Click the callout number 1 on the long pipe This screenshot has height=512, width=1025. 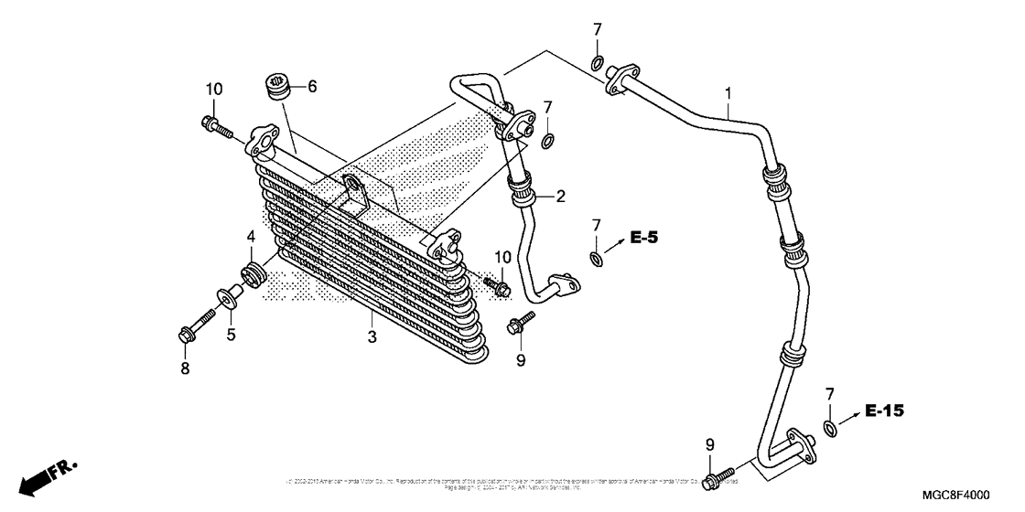728,93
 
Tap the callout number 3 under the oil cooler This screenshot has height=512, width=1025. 372,337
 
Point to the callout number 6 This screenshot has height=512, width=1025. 312,87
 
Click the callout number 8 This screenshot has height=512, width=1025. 185,368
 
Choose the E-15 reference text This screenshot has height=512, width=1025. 884,412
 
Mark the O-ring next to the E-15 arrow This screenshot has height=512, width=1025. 830,429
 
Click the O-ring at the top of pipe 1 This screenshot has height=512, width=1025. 597,63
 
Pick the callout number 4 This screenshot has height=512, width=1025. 250,237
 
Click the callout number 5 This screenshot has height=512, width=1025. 232,335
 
